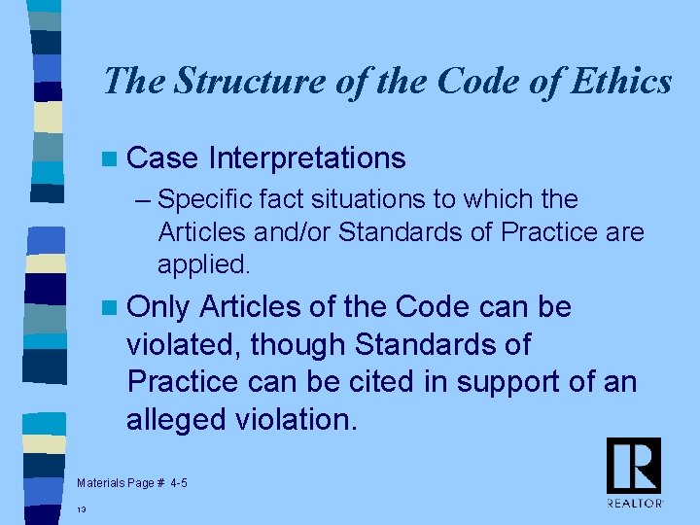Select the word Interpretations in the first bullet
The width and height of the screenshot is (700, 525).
point(306,157)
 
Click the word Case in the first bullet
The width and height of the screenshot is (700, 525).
point(162,157)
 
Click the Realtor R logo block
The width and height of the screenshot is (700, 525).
point(634,465)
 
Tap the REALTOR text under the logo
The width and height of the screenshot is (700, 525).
point(635,503)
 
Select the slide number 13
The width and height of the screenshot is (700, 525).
point(82,508)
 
